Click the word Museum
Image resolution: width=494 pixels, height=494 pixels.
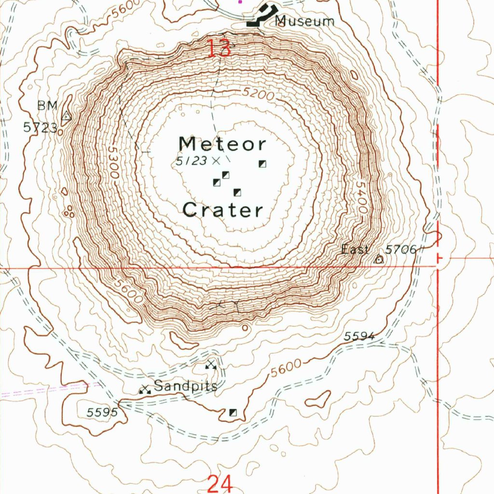click(305, 21)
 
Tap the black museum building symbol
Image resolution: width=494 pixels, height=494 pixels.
click(261, 15)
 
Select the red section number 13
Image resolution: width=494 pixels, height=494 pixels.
click(219, 49)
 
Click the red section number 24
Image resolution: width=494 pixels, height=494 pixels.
click(220, 483)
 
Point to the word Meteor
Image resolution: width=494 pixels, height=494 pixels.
click(222, 144)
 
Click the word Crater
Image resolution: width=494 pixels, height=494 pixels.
click(223, 210)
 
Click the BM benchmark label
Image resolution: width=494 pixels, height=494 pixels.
click(48, 106)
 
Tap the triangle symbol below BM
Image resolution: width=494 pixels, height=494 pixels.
click(67, 116)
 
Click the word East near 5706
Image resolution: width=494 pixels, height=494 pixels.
click(355, 249)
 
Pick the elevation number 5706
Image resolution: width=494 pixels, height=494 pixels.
click(400, 249)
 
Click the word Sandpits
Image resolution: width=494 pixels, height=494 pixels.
click(186, 386)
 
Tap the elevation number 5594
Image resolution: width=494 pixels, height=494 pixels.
click(359, 336)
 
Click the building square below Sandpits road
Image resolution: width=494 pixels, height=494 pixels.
click(233, 412)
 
